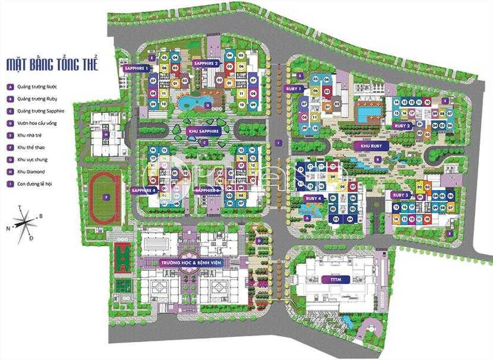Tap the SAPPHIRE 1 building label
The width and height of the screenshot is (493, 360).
136,68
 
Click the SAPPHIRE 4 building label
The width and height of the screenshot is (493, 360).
143,191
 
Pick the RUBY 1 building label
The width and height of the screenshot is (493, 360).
294,89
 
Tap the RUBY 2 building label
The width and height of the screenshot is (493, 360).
402,125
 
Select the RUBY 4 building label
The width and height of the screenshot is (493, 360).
313,198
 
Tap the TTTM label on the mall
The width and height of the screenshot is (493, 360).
330,279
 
